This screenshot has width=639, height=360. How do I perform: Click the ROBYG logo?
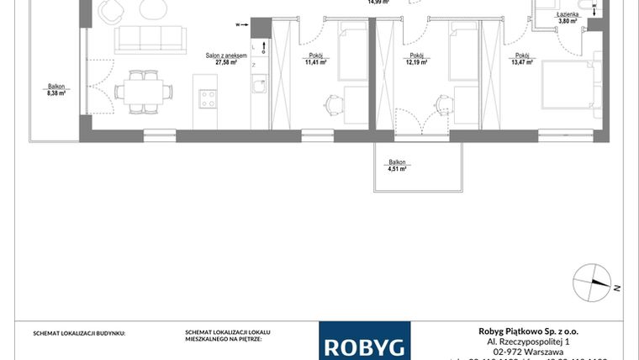365,346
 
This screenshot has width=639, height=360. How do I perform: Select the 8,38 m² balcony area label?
57,91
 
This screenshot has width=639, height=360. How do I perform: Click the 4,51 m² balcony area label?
397,166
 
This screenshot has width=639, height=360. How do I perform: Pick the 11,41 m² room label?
317,59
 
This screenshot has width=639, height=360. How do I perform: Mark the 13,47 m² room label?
522,59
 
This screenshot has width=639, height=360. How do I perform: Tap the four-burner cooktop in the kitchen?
207,98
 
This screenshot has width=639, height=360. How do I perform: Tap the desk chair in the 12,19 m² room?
440,103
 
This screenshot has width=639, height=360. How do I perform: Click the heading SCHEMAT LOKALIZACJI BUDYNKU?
79,333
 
